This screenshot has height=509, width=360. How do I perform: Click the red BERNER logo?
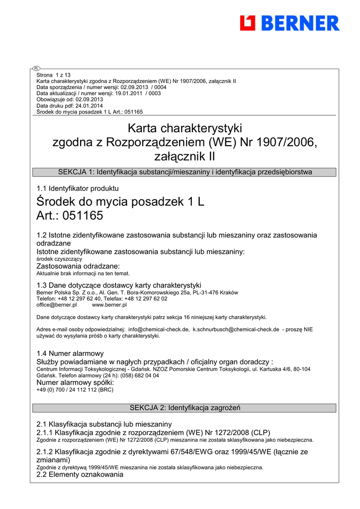(289, 23)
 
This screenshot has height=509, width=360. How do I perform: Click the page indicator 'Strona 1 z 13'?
(54, 75)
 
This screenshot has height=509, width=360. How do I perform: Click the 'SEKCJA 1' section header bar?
(184, 172)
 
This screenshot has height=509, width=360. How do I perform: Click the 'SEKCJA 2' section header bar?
(184, 408)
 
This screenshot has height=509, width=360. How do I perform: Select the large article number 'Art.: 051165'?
(70, 216)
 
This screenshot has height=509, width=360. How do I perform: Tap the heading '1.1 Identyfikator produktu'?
(78, 188)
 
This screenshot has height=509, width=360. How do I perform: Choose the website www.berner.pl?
(109, 305)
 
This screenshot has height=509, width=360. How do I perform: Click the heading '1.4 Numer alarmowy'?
(70, 353)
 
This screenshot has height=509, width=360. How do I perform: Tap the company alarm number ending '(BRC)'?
(75, 390)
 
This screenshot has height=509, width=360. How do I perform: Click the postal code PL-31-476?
(210, 293)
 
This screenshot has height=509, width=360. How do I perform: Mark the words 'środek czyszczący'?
(59, 259)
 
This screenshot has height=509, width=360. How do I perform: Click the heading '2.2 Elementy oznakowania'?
(80, 474)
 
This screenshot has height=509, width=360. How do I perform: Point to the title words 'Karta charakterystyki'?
(184, 129)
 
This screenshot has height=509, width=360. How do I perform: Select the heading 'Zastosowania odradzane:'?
(78, 266)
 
